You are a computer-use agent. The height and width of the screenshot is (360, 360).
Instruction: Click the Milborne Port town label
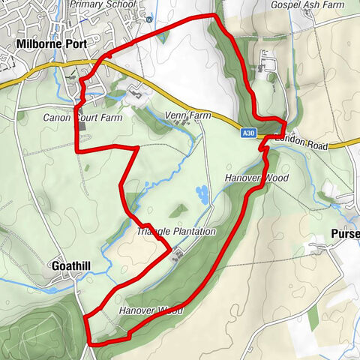click(x=51, y=44)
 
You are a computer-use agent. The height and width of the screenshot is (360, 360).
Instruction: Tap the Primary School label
click(x=103, y=4)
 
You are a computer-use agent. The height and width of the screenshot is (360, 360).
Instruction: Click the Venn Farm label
click(x=189, y=116)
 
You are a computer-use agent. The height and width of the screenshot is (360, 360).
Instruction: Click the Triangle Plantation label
click(x=176, y=232)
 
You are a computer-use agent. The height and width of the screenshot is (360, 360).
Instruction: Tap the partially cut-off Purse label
click(x=345, y=235)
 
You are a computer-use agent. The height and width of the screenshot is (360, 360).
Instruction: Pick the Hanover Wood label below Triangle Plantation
click(x=151, y=309)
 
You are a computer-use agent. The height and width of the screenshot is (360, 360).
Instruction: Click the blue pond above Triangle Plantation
click(x=202, y=194)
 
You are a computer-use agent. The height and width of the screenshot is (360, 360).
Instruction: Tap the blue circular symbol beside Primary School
click(x=148, y=19)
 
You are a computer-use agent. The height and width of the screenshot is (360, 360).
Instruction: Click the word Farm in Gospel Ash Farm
click(x=341, y=4)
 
